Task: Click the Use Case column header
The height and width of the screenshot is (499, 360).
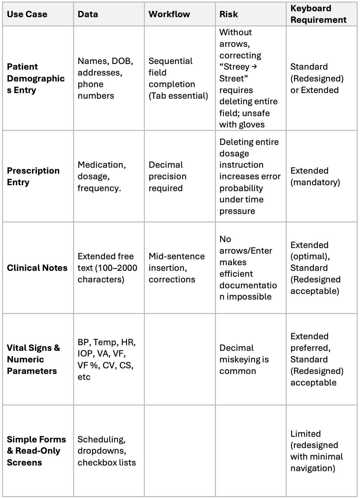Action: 27,14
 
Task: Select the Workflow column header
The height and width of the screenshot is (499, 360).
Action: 169,14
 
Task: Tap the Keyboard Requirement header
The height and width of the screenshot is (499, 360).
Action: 318,14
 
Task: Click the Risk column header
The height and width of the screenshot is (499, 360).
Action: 229,14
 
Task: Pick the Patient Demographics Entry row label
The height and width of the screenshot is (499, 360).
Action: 36,78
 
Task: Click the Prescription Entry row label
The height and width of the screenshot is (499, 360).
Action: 33,176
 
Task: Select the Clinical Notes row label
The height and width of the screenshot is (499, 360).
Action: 37,268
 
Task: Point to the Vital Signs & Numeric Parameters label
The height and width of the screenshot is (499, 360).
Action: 33,359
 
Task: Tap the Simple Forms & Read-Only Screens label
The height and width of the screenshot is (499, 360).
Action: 36,451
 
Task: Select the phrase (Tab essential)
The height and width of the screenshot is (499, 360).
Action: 178,96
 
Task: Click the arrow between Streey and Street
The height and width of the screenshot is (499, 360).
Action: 254,67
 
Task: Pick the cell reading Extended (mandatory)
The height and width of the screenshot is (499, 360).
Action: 315,176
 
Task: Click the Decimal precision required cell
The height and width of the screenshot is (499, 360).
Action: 167,176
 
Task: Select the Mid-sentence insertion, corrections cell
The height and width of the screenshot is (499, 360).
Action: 176,268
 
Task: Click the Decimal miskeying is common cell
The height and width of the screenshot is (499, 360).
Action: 244,359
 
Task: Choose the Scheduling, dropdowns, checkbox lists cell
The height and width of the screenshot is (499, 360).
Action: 107,451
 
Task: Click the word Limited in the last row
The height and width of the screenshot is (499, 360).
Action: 305,434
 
